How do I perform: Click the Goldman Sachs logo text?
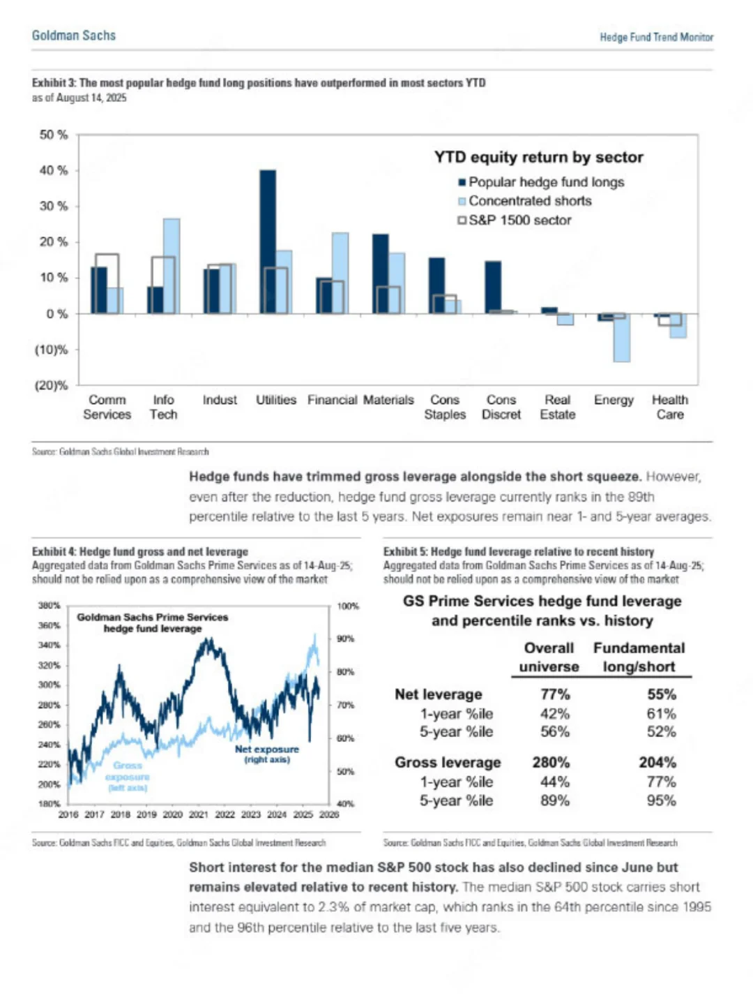(x=73, y=36)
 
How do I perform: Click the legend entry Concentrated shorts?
(x=529, y=201)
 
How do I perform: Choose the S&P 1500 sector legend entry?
(x=519, y=221)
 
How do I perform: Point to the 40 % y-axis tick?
(x=54, y=170)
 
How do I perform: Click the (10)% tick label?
(x=51, y=350)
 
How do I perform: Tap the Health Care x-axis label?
(x=669, y=407)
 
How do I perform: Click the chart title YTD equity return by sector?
(x=538, y=157)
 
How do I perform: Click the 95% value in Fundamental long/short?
(x=661, y=800)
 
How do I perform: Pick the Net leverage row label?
(x=438, y=694)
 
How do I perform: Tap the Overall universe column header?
(x=549, y=657)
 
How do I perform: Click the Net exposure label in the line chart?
(x=266, y=749)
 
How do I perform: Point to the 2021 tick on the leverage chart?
(x=199, y=814)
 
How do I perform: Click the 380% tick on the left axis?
(x=49, y=606)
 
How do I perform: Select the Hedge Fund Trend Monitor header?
(x=656, y=37)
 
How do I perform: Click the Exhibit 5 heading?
(x=518, y=551)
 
